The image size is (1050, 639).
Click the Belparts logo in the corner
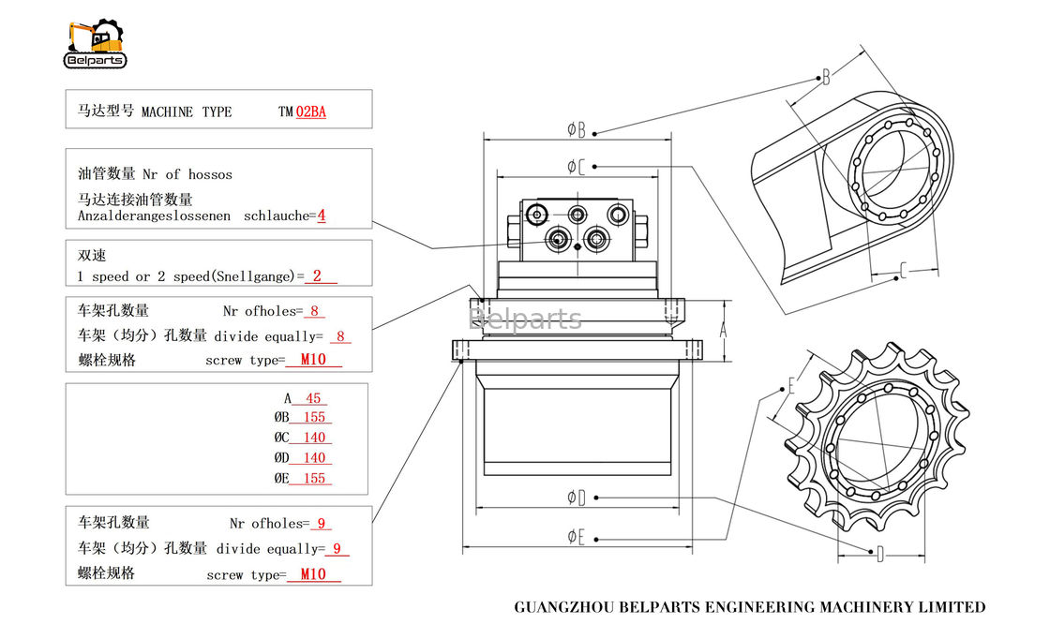pos(95,43)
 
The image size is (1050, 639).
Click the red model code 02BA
pos(311,111)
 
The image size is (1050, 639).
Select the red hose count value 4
pos(321,215)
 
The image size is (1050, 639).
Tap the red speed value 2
pos(317,276)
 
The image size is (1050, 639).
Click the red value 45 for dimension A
pos(314,398)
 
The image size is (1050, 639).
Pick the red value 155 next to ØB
pos(314,418)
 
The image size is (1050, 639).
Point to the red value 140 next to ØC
pos(314,438)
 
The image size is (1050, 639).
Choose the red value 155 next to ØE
pos(314,479)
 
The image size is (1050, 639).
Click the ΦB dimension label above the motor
pos(577,129)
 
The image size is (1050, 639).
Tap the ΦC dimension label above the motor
pos(576,167)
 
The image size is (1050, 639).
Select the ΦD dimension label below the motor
pos(576,498)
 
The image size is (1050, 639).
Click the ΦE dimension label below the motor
pos(576,537)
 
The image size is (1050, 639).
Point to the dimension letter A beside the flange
pos(723,330)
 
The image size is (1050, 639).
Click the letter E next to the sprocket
pos(791,385)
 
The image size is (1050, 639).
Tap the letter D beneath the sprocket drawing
pos(878,554)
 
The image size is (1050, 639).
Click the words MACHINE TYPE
pos(186,111)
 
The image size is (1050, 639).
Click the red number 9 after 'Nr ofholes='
pos(322,524)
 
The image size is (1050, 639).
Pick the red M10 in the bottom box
pos(313,574)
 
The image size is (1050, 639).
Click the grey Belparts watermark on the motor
pos(525,319)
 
